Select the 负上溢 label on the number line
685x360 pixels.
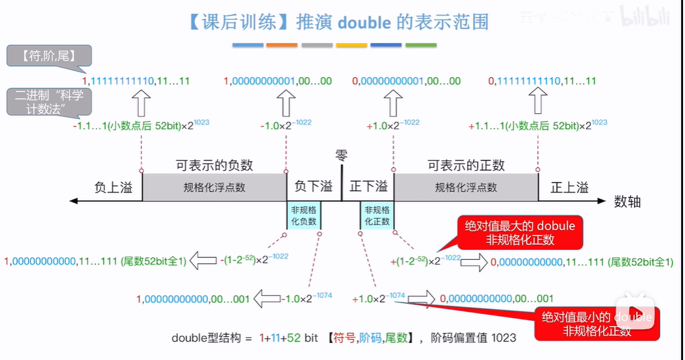tap(113, 188)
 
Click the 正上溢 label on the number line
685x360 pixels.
tap(569, 188)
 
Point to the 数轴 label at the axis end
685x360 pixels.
tap(627, 202)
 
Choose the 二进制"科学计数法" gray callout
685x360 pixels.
tap(49, 102)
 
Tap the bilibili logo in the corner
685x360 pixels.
tap(644, 16)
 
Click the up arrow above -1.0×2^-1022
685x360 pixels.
tap(285, 102)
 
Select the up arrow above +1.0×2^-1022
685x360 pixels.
tap(393, 102)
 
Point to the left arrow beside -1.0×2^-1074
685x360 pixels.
tap(266, 298)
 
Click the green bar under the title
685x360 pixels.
tap(421, 45)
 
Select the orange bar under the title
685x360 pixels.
tap(282, 45)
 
